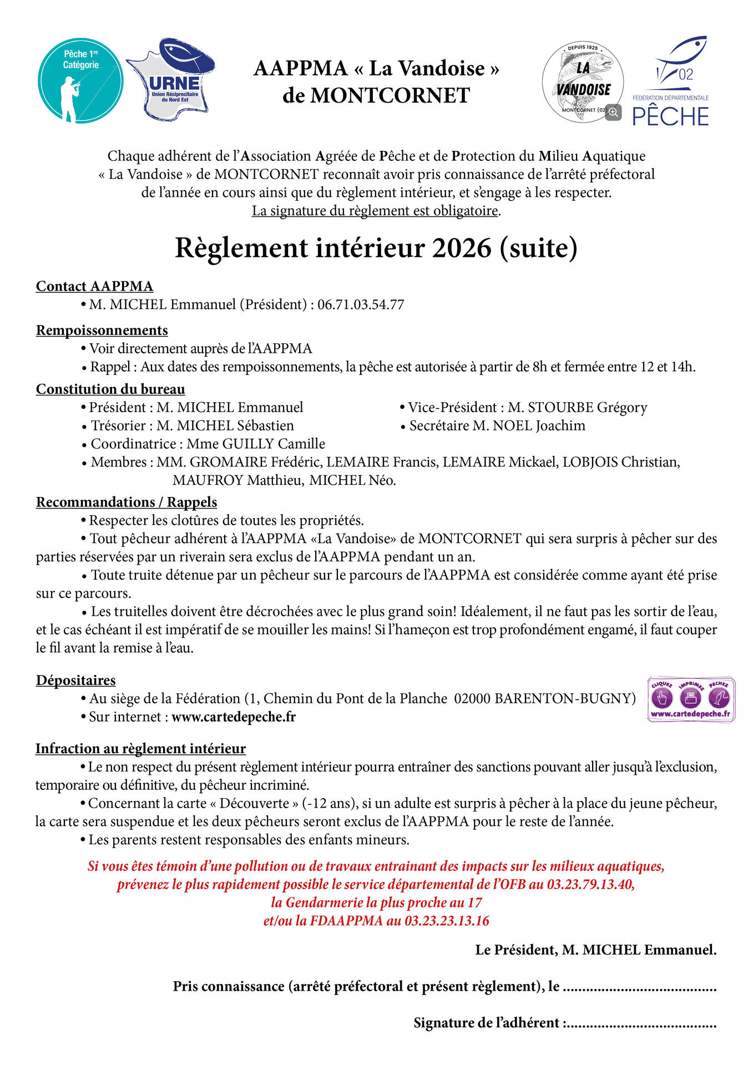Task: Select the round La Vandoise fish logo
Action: coord(582,82)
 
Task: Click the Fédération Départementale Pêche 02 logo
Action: coord(671,82)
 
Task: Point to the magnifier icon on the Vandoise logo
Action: coord(613,112)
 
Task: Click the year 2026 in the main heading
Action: coord(462,248)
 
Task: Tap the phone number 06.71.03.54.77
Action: coord(361,305)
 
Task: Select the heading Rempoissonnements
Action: coord(102,331)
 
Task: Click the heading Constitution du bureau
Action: coord(110,389)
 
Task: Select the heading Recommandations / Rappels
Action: coord(127,502)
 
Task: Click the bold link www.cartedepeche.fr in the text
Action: coord(234,717)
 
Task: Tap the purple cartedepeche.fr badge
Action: coord(691,699)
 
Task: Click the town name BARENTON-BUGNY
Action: coord(565,698)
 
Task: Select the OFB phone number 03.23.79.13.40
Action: coord(590,884)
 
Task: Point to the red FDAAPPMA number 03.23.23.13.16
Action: coord(447,921)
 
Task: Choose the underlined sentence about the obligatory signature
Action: coord(376,211)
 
